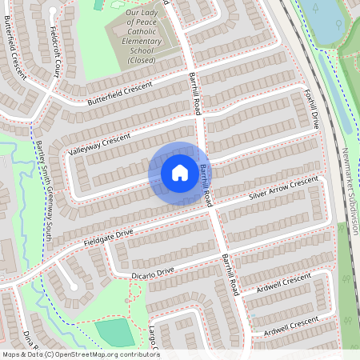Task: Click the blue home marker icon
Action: pyautogui.click(x=180, y=172)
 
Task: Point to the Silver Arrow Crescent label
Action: pyautogui.click(x=284, y=189)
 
